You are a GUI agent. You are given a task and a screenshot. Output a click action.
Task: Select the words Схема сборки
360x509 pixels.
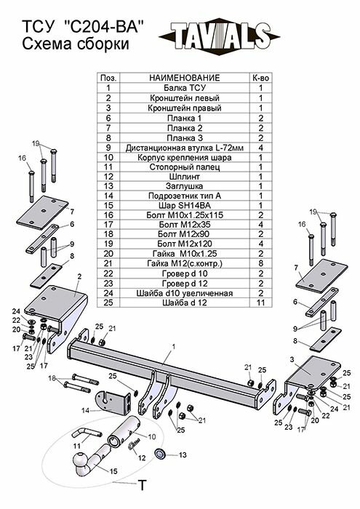[68, 45]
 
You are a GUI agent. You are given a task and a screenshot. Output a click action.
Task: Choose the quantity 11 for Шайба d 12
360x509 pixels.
[260, 302]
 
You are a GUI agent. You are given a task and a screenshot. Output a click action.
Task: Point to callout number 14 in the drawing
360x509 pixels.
[86, 411]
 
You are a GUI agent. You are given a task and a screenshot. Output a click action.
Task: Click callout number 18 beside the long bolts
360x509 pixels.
[52, 378]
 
